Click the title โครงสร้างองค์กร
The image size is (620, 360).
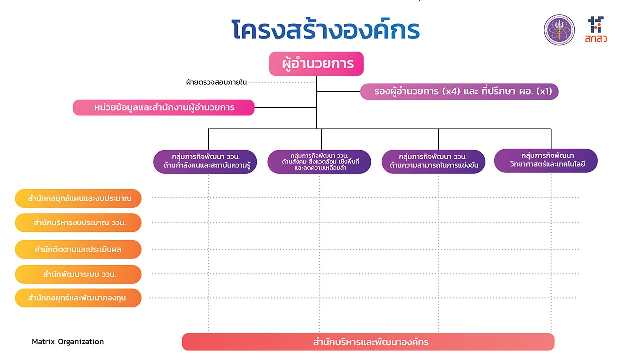326,30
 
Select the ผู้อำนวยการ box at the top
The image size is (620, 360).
316,64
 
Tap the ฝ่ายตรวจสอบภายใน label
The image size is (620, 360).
216,82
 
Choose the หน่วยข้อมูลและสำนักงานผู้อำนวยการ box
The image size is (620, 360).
164,108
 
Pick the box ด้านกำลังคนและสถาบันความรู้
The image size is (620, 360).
206,162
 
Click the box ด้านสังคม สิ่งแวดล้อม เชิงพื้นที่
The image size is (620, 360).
319,162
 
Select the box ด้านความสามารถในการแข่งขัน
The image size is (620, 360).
433,162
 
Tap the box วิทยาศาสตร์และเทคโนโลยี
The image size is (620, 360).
546,161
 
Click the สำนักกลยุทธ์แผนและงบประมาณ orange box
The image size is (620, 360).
78,198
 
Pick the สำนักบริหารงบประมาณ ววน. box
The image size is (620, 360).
78,223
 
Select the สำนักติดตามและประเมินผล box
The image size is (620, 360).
78,249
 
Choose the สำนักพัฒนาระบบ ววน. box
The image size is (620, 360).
78,274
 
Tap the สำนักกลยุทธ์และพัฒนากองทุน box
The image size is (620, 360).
78,298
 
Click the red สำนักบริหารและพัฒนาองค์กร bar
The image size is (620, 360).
368,342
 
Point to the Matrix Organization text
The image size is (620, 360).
68,342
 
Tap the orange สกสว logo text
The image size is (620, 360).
596,38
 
